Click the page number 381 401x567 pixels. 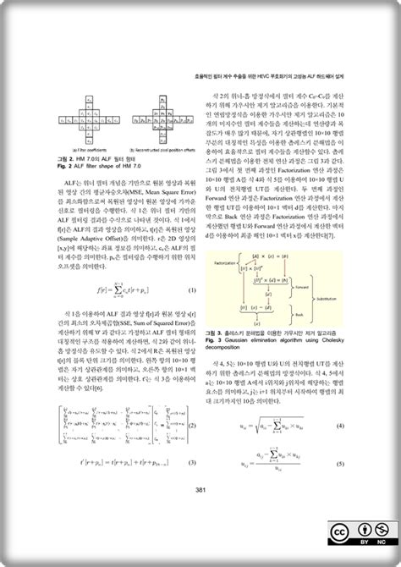200,490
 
